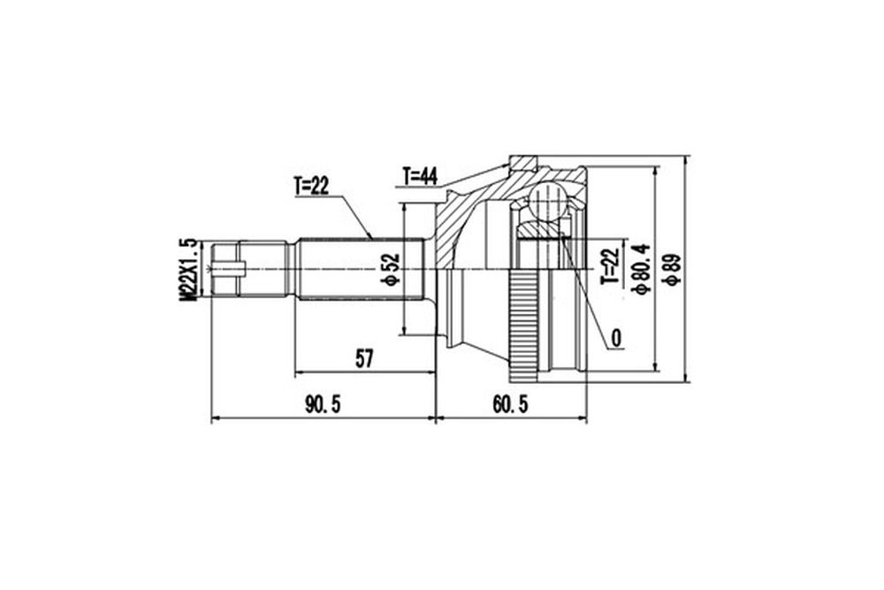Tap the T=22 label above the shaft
coord(311,186)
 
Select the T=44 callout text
coord(420,177)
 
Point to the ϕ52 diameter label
coord(390,270)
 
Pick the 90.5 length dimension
coord(323,404)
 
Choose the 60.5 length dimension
coord(510,404)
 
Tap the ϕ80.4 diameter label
coord(642,269)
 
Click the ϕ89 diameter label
coord(673,270)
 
